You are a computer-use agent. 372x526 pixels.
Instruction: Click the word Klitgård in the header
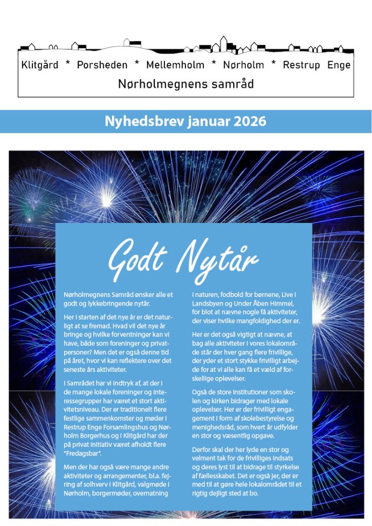[x=40, y=65]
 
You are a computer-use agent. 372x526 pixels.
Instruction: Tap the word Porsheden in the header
[x=101, y=65]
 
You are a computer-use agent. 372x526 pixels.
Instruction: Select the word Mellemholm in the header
[x=176, y=65]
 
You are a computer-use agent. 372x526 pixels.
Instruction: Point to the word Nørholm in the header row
[x=244, y=65]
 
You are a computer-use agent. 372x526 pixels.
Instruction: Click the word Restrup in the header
[x=301, y=65]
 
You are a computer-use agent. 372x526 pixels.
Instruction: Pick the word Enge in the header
[x=339, y=65]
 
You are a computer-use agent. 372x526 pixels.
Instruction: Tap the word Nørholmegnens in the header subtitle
[x=160, y=84]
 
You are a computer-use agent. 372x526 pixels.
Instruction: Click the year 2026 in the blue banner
[x=250, y=121]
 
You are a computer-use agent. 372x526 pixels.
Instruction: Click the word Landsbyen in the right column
[x=210, y=304]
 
